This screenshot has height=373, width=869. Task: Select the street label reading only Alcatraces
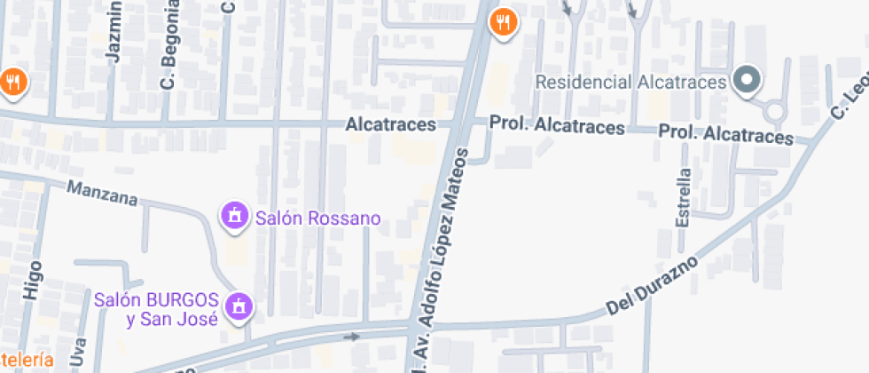(391, 125)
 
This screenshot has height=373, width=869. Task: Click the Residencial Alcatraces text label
(631, 82)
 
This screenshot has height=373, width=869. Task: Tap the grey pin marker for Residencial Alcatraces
(747, 81)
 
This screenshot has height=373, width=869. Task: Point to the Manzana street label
(103, 193)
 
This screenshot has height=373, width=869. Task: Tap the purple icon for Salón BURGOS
(237, 307)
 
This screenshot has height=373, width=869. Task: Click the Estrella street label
(683, 197)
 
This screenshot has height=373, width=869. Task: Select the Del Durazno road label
(654, 286)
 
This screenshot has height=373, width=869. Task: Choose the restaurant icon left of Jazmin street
(13, 83)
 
